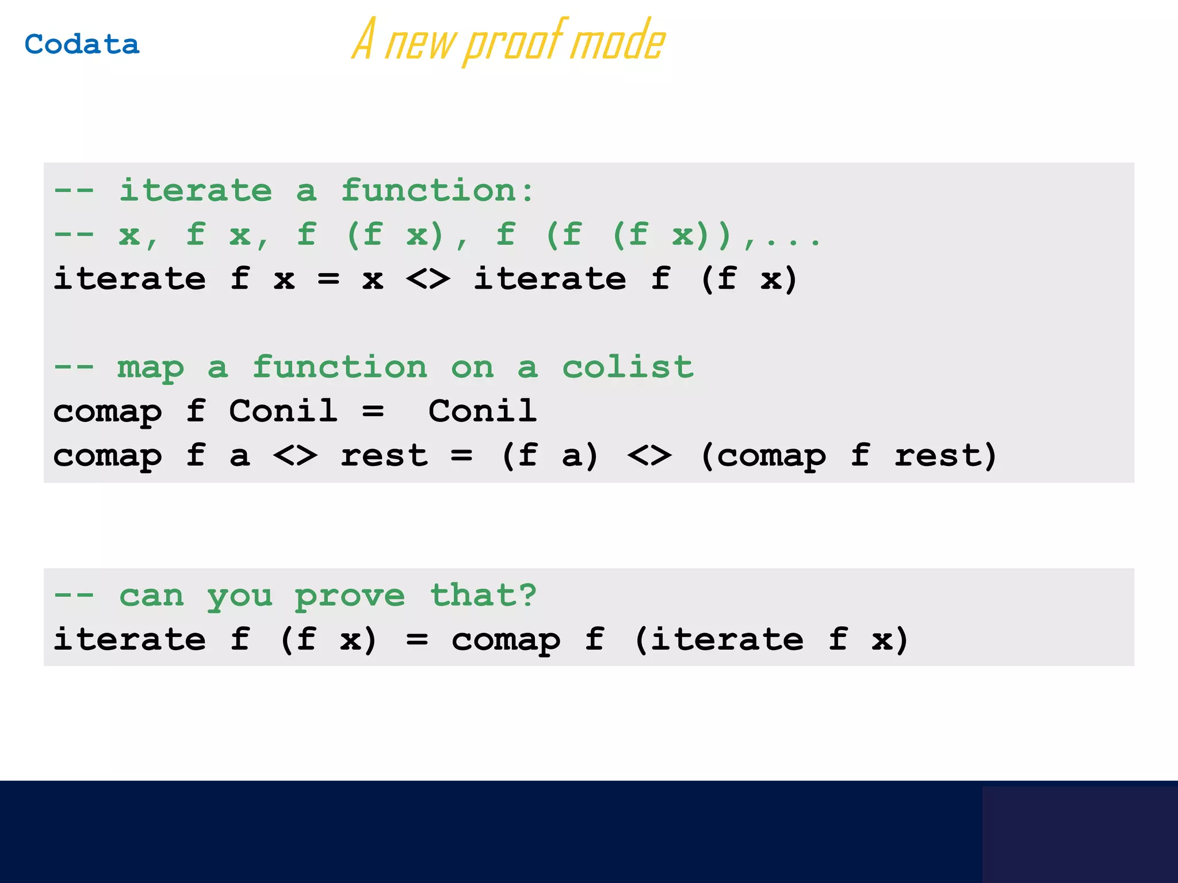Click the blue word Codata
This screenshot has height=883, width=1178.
[x=82, y=45]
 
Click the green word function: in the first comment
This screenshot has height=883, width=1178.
[x=437, y=190]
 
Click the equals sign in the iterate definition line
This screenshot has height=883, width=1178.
[x=328, y=280]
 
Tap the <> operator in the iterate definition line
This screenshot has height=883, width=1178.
[x=428, y=280]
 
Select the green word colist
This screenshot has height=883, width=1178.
[x=628, y=367]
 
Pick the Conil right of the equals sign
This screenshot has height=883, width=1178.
[x=482, y=412]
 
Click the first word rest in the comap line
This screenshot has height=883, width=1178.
[x=384, y=456]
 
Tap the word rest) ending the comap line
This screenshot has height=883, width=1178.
[x=945, y=456]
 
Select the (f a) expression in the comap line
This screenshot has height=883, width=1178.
[x=550, y=456]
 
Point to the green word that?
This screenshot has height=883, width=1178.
[x=483, y=595]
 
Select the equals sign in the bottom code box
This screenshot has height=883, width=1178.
[x=417, y=640]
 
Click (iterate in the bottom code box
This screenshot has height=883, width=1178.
[x=719, y=640]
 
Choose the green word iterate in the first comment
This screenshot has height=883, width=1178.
[x=196, y=190]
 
